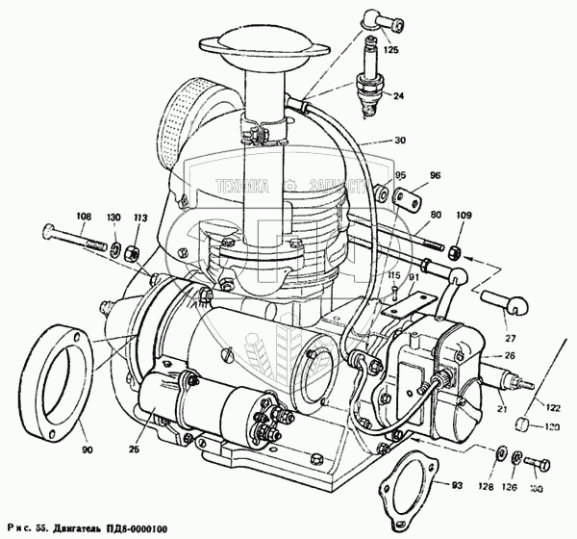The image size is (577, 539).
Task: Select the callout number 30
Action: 398,141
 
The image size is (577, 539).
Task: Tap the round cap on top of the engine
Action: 253,50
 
